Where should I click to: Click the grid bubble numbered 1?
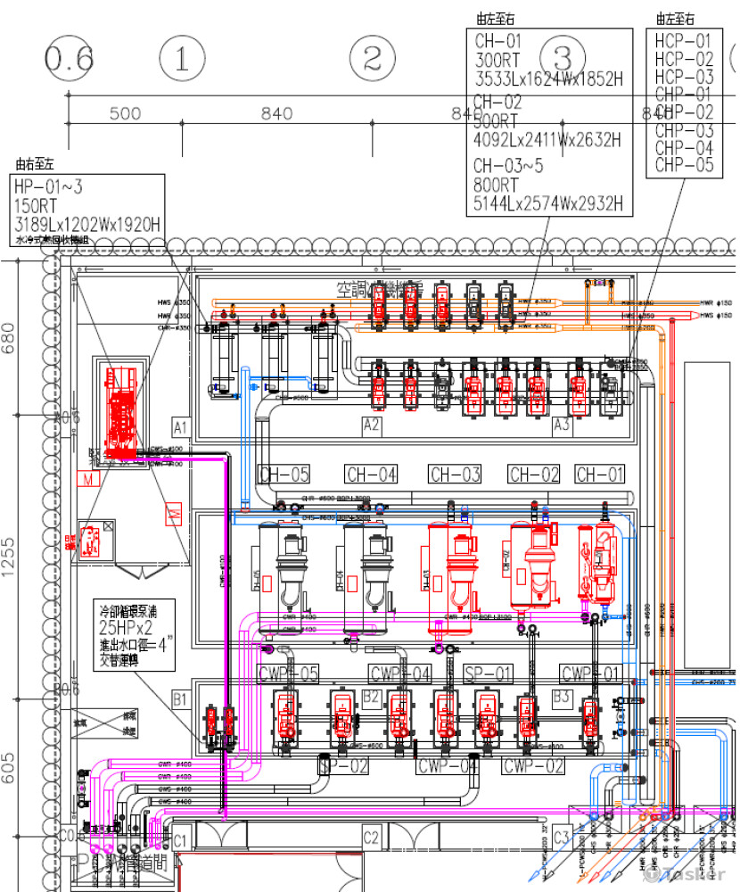(182, 60)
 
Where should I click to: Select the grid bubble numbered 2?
(372, 60)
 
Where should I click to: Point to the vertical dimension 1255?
(9, 557)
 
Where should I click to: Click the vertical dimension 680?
(9, 337)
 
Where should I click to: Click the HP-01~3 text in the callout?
(48, 186)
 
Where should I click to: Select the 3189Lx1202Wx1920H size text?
(86, 224)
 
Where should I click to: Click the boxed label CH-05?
(284, 475)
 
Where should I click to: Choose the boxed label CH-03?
(455, 475)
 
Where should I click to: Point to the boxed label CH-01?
(600, 475)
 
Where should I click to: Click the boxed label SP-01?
(489, 673)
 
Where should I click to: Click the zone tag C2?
(371, 838)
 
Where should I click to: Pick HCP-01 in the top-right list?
(684, 41)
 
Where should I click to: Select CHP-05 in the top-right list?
(684, 165)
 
